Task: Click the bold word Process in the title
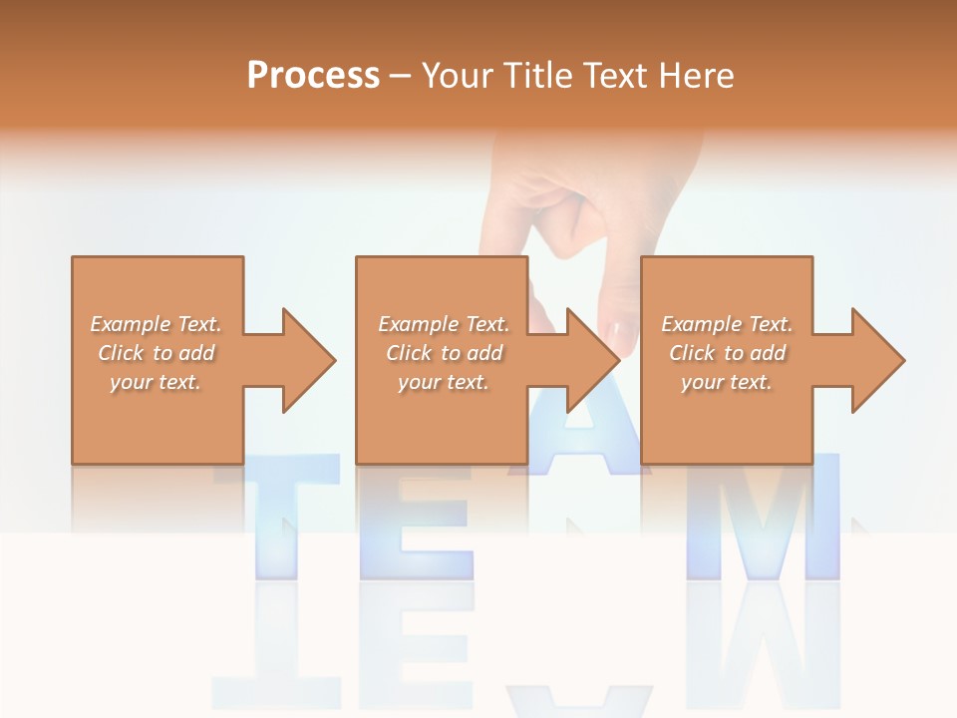pos(313,76)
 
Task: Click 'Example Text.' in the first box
pos(157,324)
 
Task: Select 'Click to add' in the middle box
pos(444,353)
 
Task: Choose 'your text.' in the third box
pos(727,382)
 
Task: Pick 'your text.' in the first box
pos(157,382)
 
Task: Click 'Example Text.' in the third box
pos(727,324)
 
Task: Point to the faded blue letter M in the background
pos(763,519)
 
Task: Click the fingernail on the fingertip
pos(619,330)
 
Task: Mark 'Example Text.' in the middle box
pos(444,324)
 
